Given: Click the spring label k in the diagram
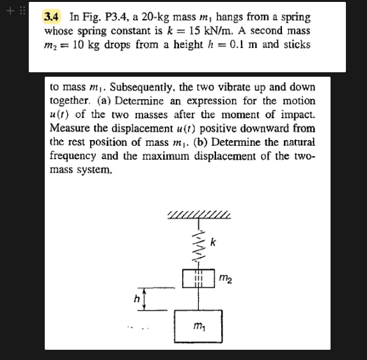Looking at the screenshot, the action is coord(214,243).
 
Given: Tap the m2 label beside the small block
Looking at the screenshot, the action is coord(225,278).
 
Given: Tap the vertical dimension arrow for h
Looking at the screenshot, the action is coord(144,299).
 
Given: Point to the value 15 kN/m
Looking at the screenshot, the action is coord(189,31).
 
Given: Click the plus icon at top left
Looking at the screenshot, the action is coord(9,10).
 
